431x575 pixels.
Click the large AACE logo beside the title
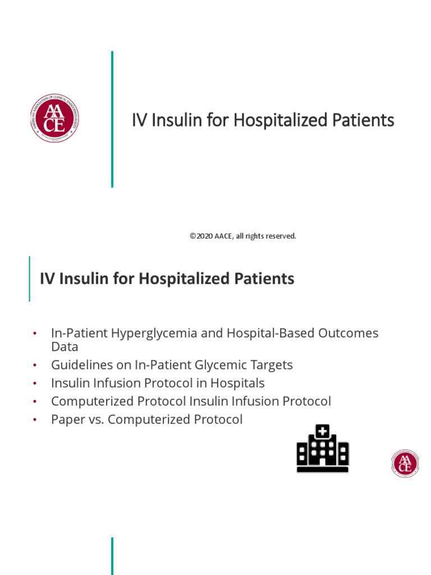54,118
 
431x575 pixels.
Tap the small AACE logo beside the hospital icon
405,463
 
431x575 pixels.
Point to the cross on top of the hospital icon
323,431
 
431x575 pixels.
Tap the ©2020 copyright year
199,236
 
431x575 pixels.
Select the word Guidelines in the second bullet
84,365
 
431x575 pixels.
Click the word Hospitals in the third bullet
236,383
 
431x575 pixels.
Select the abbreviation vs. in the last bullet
94,419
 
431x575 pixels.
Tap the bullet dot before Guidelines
35,365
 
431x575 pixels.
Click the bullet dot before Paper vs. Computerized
35,419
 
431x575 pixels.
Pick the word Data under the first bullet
65,347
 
